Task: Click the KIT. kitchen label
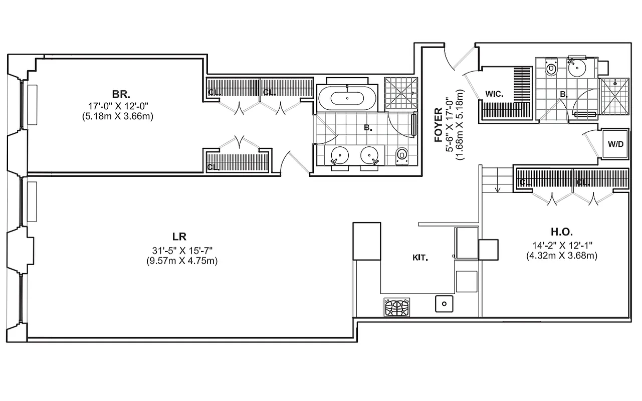[x=420, y=258]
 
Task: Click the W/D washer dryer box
[x=615, y=144]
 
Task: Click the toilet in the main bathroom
[x=402, y=156]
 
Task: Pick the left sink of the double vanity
[x=340, y=155]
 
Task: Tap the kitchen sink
[x=444, y=303]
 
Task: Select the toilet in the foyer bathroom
[x=551, y=68]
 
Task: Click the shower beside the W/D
[x=614, y=97]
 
